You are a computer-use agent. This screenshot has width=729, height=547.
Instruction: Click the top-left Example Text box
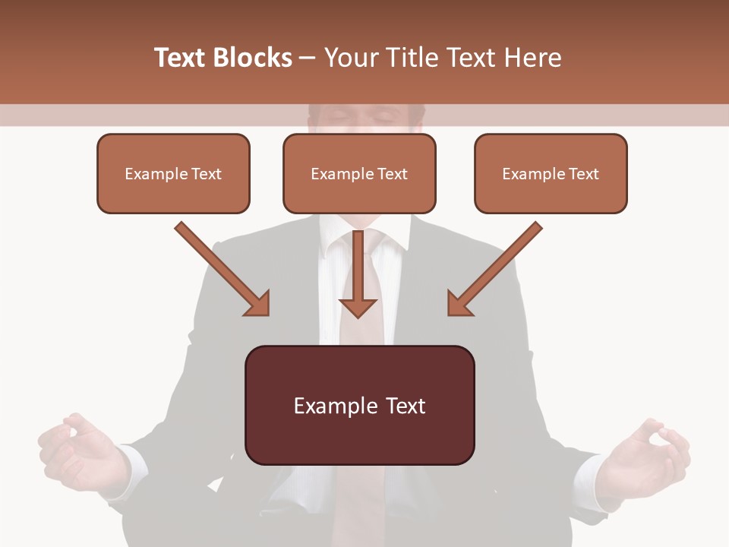click(173, 174)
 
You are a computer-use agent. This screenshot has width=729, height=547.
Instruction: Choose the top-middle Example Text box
click(359, 174)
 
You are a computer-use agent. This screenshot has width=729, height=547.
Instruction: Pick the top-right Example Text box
click(551, 174)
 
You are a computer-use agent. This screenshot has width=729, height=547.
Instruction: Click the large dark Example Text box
click(359, 405)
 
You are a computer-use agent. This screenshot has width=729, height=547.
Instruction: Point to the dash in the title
click(308, 58)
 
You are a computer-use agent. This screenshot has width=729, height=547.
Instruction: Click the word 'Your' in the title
click(349, 58)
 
